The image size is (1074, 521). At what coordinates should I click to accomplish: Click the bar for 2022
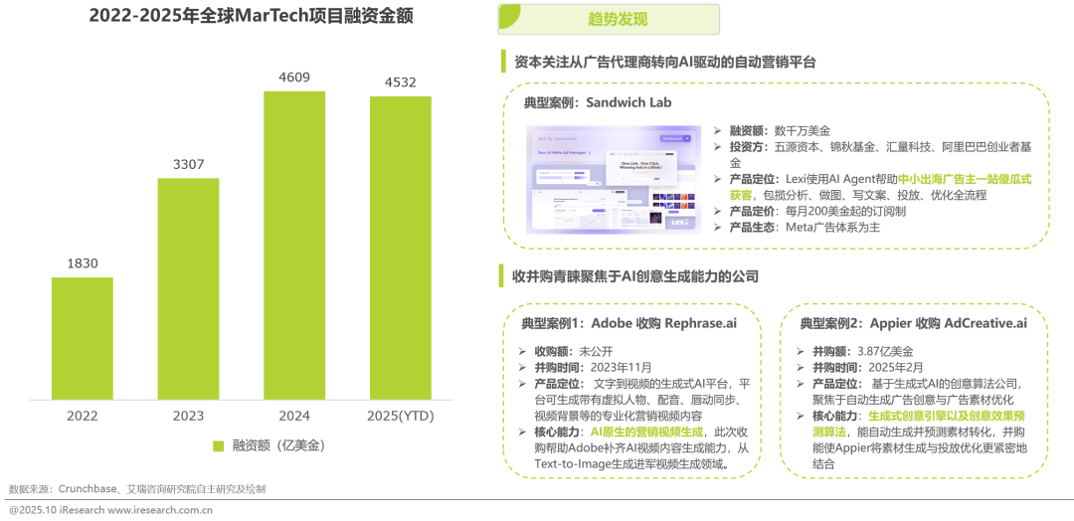click(82, 338)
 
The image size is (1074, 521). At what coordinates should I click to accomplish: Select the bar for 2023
click(188, 288)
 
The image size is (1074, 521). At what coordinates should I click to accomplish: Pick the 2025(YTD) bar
click(401, 248)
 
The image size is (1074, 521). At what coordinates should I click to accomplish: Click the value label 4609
click(294, 77)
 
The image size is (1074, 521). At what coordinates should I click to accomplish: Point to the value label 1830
click(82, 262)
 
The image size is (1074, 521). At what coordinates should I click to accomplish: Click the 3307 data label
click(188, 164)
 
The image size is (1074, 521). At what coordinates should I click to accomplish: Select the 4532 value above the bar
click(401, 82)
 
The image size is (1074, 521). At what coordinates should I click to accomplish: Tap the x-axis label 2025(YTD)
click(401, 415)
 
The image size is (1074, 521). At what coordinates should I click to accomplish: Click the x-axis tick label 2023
click(188, 415)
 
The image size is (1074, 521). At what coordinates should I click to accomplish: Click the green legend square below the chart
click(219, 445)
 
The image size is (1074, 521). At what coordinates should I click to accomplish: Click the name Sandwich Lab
click(623, 103)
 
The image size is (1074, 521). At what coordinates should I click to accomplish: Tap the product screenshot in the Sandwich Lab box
click(615, 180)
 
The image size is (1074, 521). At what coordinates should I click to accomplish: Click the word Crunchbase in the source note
click(90, 489)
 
